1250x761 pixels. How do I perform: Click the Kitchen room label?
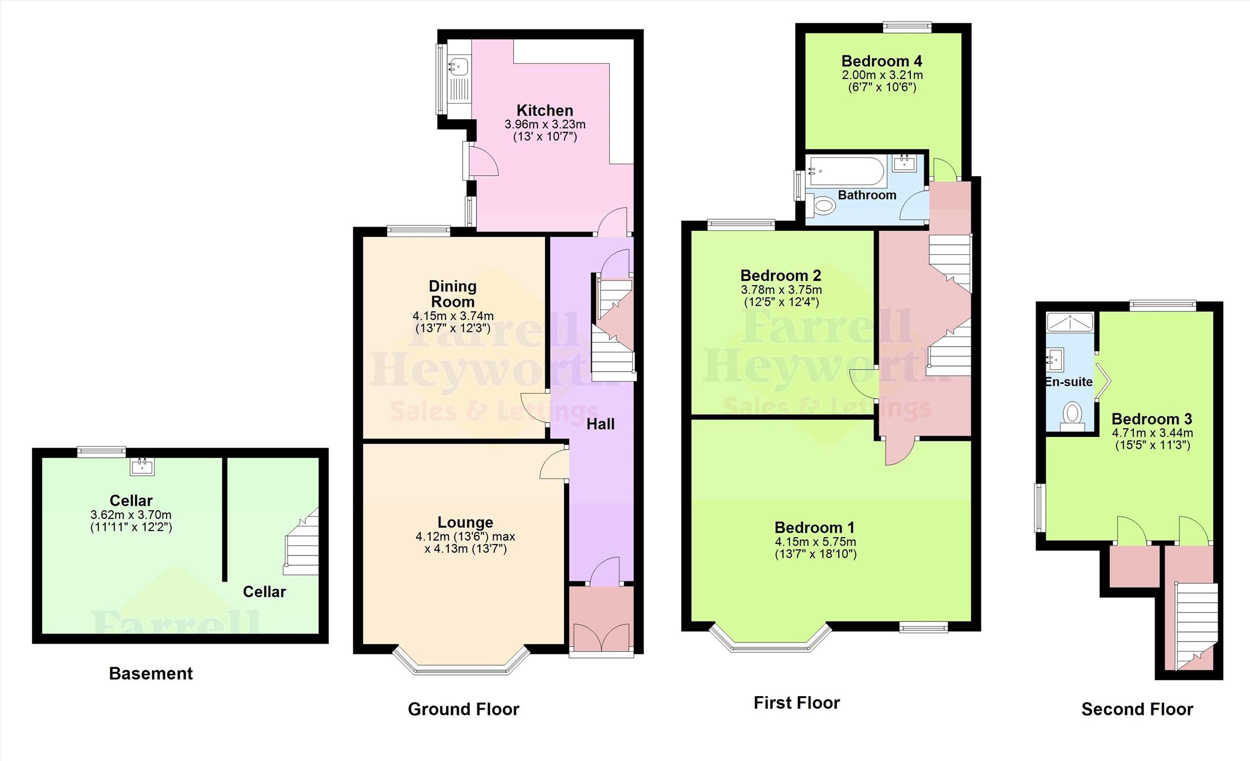click(545, 110)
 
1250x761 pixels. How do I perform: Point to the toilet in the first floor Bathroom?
click(821, 206)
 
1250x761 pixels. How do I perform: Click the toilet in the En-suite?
click(1073, 417)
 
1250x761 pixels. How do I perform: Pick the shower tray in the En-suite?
click(1070, 322)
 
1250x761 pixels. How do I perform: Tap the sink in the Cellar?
click(142, 466)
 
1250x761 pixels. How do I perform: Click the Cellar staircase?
click(302, 542)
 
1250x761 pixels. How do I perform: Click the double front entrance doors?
click(601, 638)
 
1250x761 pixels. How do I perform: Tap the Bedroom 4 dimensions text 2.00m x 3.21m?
click(882, 75)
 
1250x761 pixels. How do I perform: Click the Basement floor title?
click(151, 673)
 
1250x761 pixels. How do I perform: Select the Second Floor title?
click(1137, 709)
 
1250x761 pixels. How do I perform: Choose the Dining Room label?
click(453, 294)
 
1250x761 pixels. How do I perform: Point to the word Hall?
click(601, 424)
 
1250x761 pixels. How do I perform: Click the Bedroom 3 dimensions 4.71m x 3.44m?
click(1152, 433)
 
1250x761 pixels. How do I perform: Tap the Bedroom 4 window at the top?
click(907, 27)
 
